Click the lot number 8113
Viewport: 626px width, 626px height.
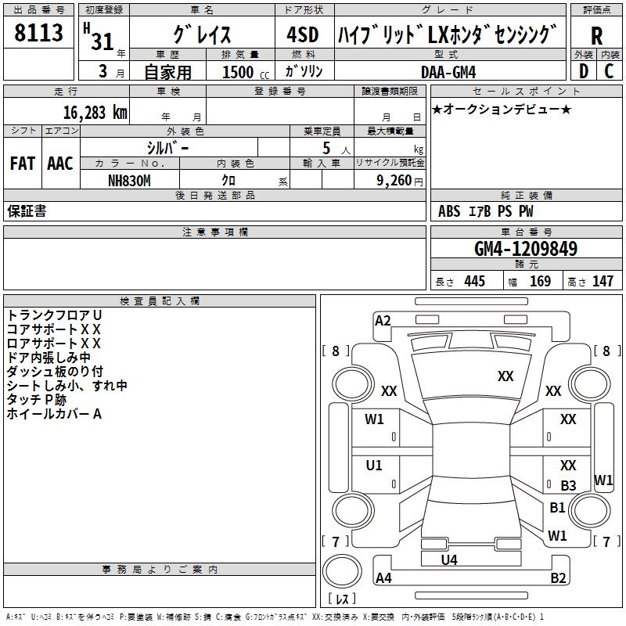pos(38,33)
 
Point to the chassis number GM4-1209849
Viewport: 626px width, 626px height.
pos(526,250)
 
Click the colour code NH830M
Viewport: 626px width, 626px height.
pos(129,180)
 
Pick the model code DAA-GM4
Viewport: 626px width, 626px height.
pos(448,71)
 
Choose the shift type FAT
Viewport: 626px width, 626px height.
pos(23,164)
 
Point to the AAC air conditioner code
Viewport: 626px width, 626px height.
pos(60,164)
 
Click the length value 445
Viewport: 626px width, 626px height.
pos(473,281)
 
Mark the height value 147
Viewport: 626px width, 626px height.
pos(602,281)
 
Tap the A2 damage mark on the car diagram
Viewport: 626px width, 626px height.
pos(383,320)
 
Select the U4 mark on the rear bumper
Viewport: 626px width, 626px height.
pos(448,559)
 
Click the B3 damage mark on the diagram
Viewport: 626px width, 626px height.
pos(568,486)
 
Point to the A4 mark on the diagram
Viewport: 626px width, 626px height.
pos(383,578)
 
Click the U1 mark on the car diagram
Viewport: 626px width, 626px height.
pos(374,466)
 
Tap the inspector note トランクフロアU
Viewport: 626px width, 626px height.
pos(54,315)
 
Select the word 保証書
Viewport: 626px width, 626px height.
pos(27,211)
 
